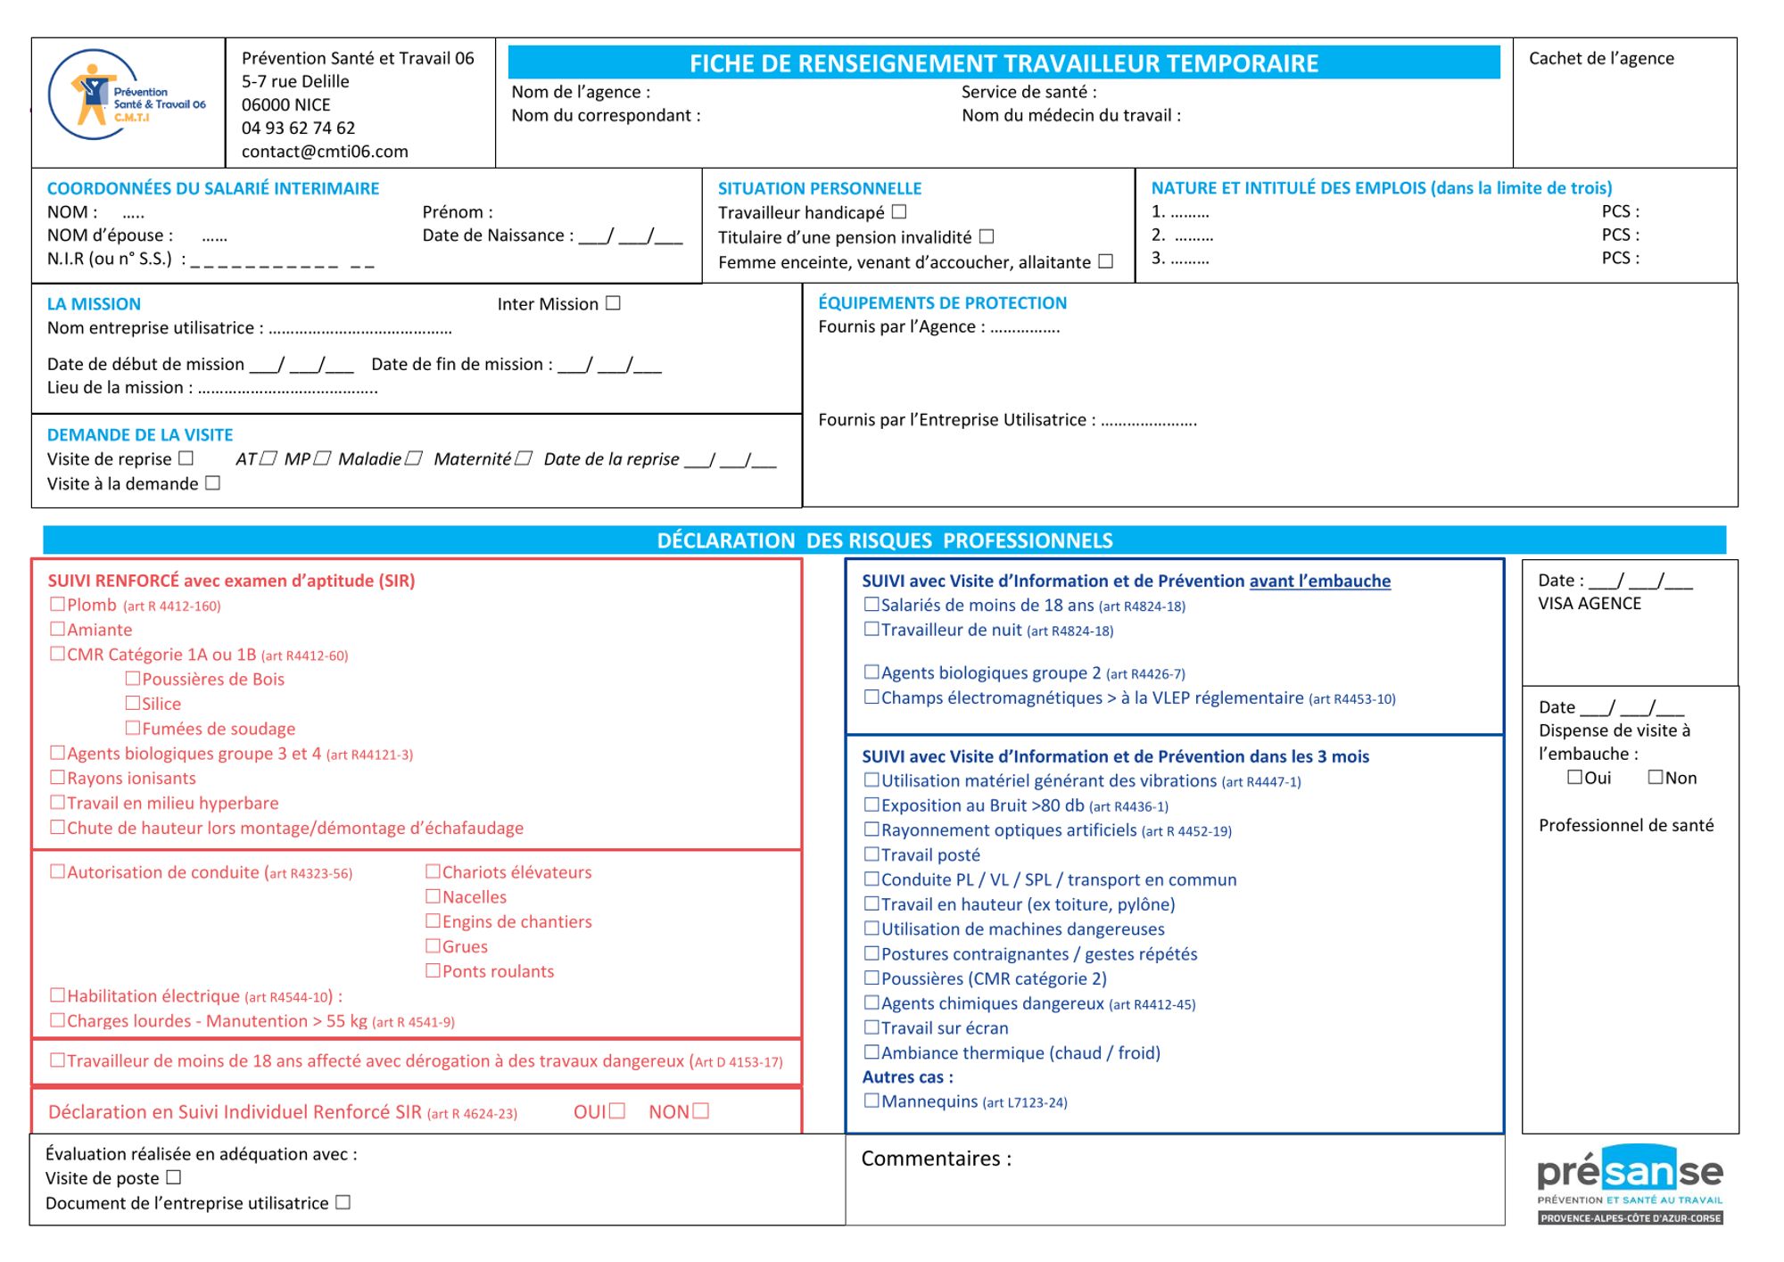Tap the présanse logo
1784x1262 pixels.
pos(1630,1183)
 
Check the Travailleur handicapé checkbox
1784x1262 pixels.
pos(899,212)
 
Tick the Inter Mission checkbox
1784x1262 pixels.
pos(613,303)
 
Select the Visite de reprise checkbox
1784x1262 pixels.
pos(186,458)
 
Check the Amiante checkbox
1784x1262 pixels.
pos(58,629)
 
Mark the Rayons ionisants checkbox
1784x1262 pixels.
pos(58,778)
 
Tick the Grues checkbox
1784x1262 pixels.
pos(434,945)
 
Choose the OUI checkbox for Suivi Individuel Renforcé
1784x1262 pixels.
pos(617,1111)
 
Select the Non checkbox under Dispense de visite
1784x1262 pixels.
pos(1656,777)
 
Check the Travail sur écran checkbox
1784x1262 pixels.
pos(871,1027)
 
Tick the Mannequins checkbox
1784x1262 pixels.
pos(871,1101)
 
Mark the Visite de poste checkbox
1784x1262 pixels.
pos(174,1177)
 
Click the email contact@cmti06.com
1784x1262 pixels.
pos(325,152)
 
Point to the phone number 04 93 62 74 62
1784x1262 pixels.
pos(298,128)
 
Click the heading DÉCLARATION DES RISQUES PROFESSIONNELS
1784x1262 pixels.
pos(884,540)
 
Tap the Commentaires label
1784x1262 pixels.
pos(936,1159)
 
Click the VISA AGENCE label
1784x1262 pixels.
pos(1589,603)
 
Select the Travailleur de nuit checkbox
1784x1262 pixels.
pos(871,629)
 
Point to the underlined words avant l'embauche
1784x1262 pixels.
pos(1319,581)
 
